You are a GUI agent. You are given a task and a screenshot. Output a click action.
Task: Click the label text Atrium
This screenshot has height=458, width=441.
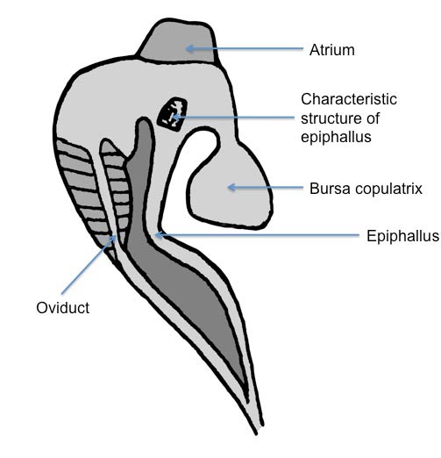[x=332, y=50]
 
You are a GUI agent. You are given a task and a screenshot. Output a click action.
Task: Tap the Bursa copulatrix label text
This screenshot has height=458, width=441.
[x=366, y=189]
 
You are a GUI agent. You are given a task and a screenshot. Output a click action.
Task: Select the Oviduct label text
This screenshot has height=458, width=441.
[x=63, y=308]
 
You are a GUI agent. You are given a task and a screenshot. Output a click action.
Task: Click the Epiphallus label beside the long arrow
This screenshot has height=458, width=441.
[x=402, y=236]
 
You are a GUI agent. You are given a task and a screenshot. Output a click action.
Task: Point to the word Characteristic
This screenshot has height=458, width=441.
[x=349, y=99]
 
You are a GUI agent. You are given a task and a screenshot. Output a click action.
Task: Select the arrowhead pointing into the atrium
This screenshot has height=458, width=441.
[x=189, y=48]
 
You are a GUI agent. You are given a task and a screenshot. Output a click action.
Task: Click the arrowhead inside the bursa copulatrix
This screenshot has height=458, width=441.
[x=231, y=187]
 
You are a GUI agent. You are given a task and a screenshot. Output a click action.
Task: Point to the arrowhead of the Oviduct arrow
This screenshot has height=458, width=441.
[x=112, y=239]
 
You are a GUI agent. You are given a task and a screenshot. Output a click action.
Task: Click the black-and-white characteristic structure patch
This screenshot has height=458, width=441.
[x=173, y=112]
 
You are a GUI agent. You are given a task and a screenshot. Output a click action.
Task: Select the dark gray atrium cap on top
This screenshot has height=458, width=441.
[x=178, y=41]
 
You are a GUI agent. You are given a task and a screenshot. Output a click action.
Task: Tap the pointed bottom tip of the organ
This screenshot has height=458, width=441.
[x=256, y=433]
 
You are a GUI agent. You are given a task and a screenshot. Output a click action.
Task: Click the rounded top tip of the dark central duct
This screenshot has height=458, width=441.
[x=144, y=120]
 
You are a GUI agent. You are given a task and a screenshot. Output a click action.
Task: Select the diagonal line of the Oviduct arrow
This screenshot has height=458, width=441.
[x=87, y=266]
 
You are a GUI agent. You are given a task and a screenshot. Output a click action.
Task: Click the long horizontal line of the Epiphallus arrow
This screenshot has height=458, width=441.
[x=257, y=234]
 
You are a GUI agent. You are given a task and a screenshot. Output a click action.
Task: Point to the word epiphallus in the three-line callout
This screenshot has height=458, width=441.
[x=336, y=137]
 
